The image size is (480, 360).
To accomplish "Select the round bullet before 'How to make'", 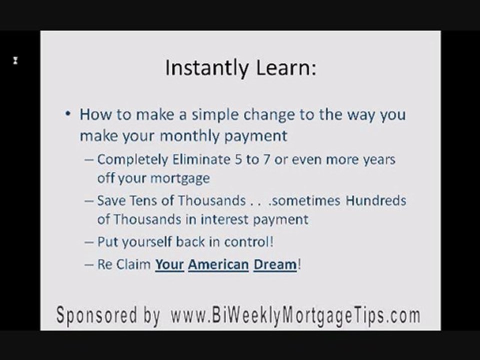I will coord(68,114).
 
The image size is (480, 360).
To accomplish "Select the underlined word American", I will coord(218,264).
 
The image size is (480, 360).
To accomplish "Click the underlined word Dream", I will coord(275,264).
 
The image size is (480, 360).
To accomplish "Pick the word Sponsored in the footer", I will coord(100,316).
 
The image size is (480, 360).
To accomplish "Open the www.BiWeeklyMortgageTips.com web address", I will coord(295,316).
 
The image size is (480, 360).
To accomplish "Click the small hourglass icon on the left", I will coord(15,61).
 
